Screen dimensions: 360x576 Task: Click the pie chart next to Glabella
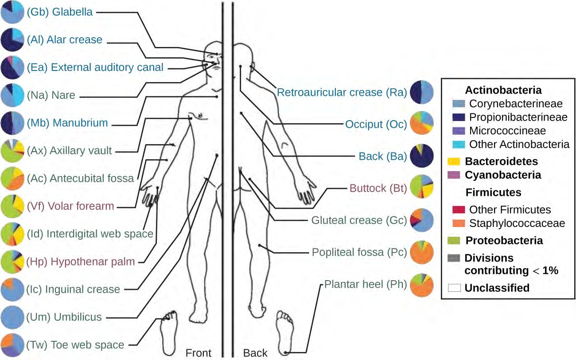[x=12, y=12]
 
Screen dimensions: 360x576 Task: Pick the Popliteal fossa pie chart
[x=421, y=253]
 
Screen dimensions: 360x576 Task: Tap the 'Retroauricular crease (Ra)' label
[x=342, y=92]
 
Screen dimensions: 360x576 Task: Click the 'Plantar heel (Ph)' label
[x=366, y=284]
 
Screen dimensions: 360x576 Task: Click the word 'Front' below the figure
[x=198, y=353]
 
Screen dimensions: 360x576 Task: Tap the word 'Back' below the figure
[x=255, y=353]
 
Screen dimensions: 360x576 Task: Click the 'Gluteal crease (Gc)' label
[x=359, y=220]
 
